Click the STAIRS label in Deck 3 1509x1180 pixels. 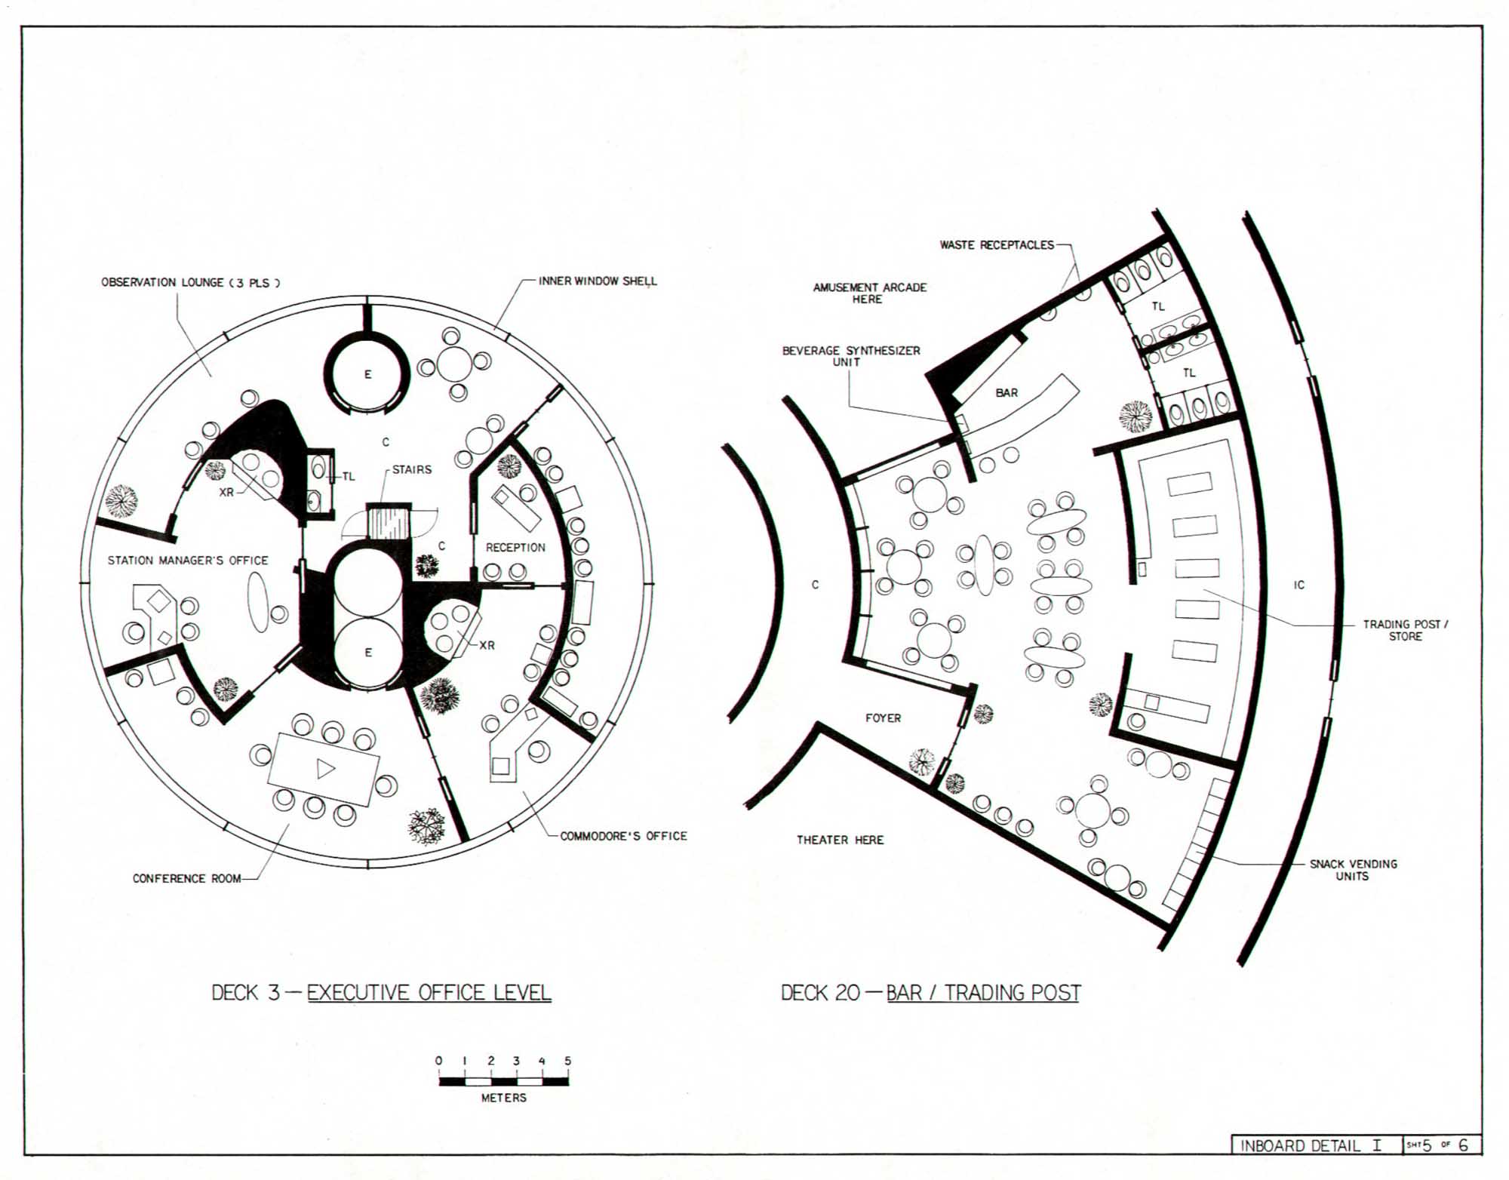[x=411, y=469]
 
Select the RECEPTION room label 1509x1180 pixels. [x=515, y=547]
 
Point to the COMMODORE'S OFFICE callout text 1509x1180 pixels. [x=623, y=836]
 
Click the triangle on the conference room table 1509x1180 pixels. [x=325, y=769]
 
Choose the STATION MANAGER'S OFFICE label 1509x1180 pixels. [x=188, y=561]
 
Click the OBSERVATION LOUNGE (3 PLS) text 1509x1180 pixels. [x=191, y=283]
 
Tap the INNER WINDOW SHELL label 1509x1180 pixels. [x=598, y=281]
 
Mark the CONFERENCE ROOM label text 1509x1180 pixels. [x=186, y=878]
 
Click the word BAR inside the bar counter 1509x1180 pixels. [x=1007, y=393]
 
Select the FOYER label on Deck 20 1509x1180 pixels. [x=883, y=718]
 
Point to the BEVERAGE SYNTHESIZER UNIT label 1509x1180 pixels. [x=850, y=356]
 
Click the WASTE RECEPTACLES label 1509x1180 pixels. [x=997, y=245]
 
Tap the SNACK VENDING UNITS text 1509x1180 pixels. [x=1353, y=870]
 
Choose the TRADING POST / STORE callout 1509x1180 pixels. [x=1405, y=630]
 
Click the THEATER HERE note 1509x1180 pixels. [x=840, y=840]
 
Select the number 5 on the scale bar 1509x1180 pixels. [x=567, y=1061]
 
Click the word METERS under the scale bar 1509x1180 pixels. [x=504, y=1098]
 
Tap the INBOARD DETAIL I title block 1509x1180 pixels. [x=1311, y=1145]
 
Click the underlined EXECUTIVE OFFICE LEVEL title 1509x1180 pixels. [x=429, y=993]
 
